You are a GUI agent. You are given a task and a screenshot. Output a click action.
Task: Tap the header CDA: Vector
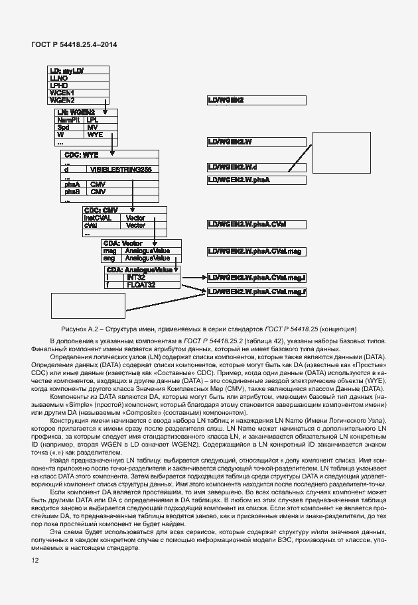pyautogui.click(x=123, y=244)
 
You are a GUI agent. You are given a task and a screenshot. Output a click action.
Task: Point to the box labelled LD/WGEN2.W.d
pyautogui.click(x=256, y=167)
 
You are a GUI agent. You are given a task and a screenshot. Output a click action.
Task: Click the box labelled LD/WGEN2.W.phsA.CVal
pyautogui.click(x=256, y=225)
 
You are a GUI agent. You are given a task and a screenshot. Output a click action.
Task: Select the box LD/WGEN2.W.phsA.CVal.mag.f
pyautogui.click(x=256, y=292)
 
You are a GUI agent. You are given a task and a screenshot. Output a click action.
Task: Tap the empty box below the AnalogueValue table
pyautogui.click(x=88, y=305)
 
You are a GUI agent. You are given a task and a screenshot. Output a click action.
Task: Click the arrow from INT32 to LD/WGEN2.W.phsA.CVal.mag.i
pyautogui.click(x=193, y=278)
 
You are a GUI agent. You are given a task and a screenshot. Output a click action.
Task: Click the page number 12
pyautogui.click(x=35, y=561)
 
